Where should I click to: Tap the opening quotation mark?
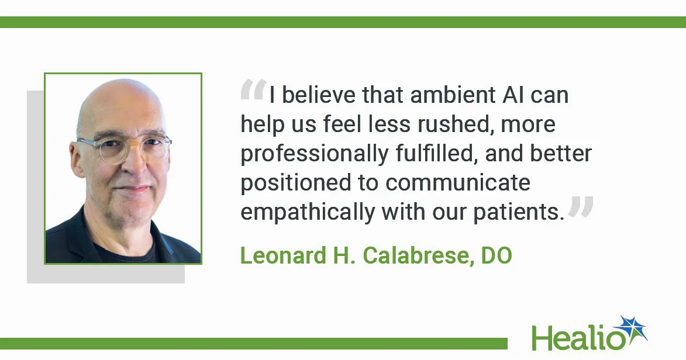[x=253, y=91]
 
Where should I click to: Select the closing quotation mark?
[x=581, y=207]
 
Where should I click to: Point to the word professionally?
[x=314, y=154]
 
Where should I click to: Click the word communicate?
[x=458, y=183]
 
